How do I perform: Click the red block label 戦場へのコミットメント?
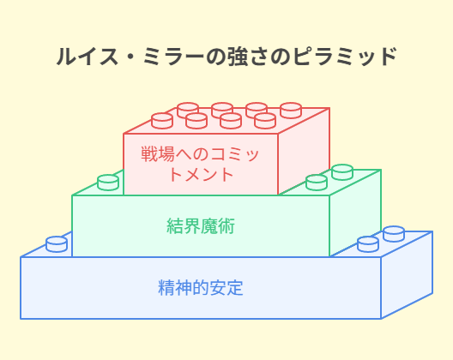pyautogui.click(x=200, y=164)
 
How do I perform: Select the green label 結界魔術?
pyautogui.click(x=201, y=225)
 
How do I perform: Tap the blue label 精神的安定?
pyautogui.click(x=201, y=287)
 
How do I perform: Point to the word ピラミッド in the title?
pyautogui.click(x=345, y=57)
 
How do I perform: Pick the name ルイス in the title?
pyautogui.click(x=88, y=57)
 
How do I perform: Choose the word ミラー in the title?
pyautogui.click(x=174, y=57)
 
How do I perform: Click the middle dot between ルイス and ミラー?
pyautogui.click(x=131, y=57)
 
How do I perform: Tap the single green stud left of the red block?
pyautogui.click(x=108, y=183)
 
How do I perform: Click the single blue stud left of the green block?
pyautogui.click(x=57, y=244)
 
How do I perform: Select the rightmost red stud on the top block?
pyautogui.click(x=291, y=111)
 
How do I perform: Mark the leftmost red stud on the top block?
pyautogui.click(x=162, y=121)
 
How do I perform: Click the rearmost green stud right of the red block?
pyautogui.click(x=342, y=172)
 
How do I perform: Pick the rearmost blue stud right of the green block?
pyautogui.click(x=394, y=234)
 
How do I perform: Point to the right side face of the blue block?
pyautogui.click(x=407, y=275)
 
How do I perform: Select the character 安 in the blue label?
pyautogui.click(x=218, y=287)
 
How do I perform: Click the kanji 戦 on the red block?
pyautogui.click(x=149, y=154)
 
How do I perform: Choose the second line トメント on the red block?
pyautogui.click(x=202, y=174)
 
